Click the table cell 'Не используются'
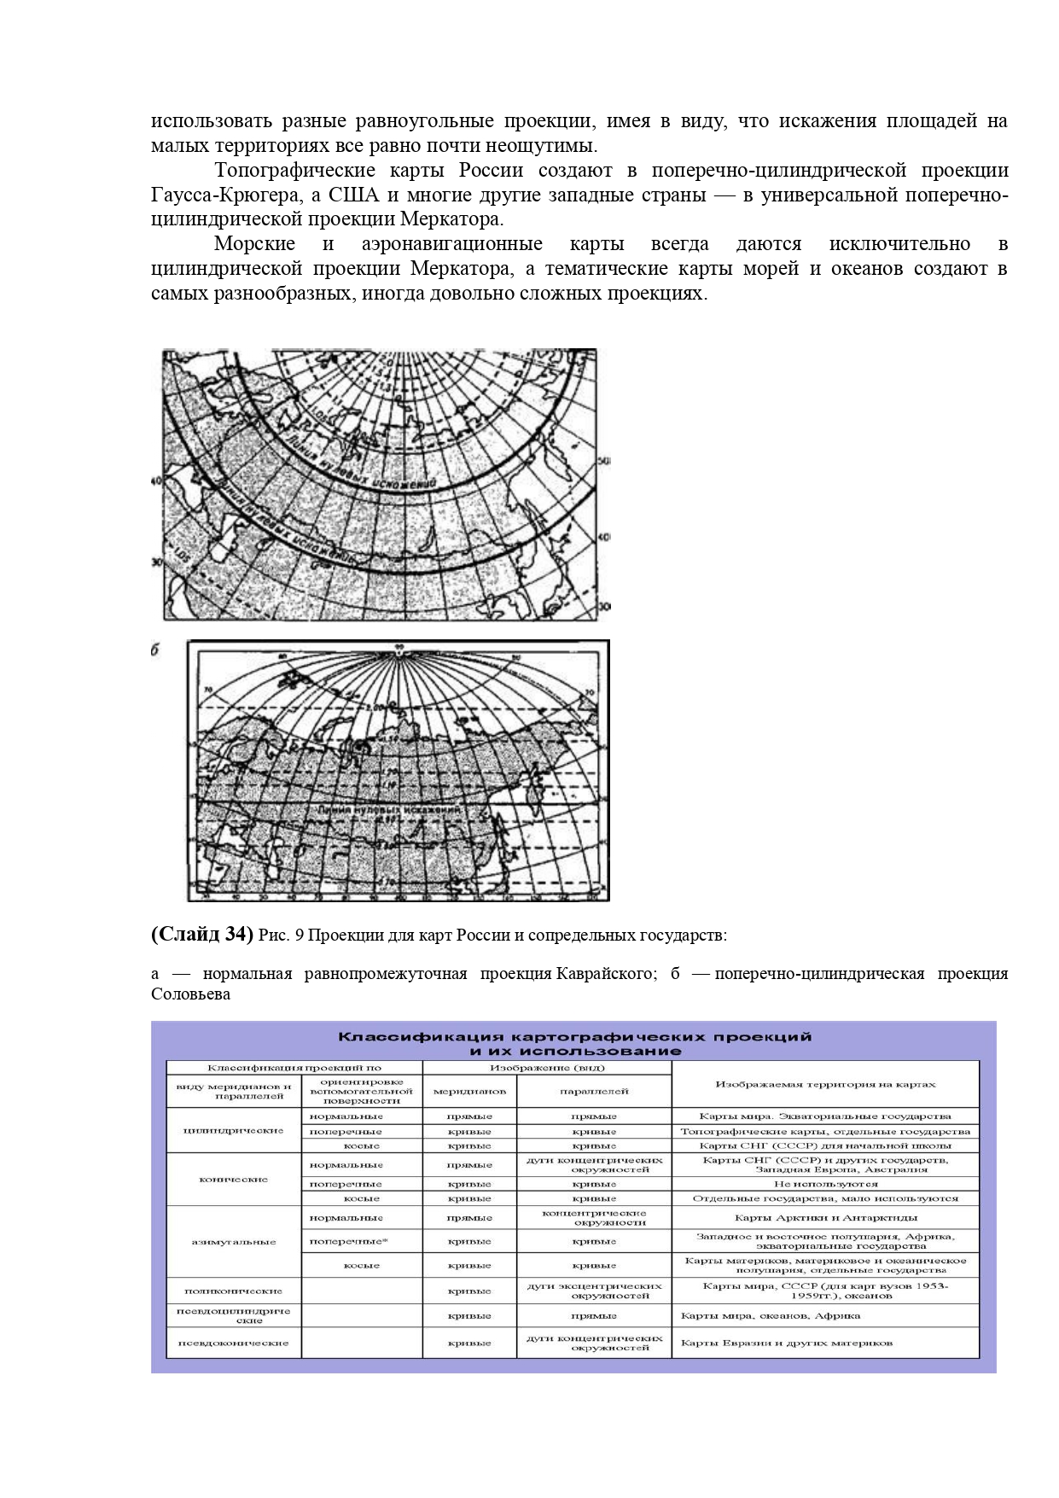825,1184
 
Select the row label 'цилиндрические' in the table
233,1130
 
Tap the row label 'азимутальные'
233,1241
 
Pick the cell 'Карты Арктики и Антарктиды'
825,1218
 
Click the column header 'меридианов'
469,1091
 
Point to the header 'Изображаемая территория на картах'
825,1084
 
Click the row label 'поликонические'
233,1291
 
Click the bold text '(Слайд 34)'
201,935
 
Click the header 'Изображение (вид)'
546,1067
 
